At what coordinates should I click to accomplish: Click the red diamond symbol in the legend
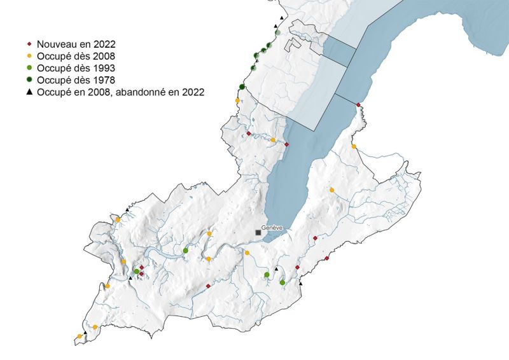point(29,44)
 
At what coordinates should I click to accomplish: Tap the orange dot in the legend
point(29,56)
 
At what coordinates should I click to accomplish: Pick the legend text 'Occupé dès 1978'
point(76,80)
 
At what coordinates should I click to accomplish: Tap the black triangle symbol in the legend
point(29,92)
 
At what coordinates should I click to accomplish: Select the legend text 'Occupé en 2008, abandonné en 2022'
point(120,92)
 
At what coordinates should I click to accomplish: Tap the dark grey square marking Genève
point(258,233)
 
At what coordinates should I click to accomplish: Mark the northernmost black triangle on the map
point(281,18)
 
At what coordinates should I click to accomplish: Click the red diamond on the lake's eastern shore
point(358,105)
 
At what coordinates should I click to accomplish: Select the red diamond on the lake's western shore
point(286,144)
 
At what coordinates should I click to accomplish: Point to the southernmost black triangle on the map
point(85,332)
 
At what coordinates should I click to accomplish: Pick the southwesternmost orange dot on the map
point(80,336)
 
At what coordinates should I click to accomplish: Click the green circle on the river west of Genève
point(185,251)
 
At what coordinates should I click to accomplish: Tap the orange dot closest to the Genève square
point(248,253)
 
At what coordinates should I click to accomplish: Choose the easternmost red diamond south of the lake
point(326,258)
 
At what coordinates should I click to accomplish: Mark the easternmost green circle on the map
point(282,282)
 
